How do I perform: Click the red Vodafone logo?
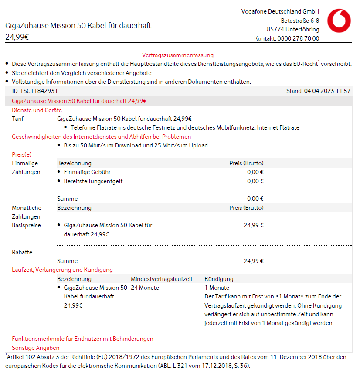tap(339, 21)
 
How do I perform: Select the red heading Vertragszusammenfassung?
tap(178, 55)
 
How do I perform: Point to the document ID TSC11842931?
tap(35, 91)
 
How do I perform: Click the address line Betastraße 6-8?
tap(300, 21)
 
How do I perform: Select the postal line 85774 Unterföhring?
tap(293, 29)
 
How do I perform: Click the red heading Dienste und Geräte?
tap(37, 110)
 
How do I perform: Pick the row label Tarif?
tap(18, 119)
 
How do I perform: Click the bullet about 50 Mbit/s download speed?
tap(136, 145)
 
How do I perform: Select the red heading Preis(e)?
tap(22, 154)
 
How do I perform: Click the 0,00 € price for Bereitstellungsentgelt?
tap(255, 181)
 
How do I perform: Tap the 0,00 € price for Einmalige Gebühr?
tap(255, 172)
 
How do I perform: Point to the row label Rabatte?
tap(22, 252)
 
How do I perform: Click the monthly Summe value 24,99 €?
tap(253, 261)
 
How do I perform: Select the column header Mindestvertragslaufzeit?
tap(162, 279)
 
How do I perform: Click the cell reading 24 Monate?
tap(145, 288)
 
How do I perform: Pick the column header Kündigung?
tap(219, 279)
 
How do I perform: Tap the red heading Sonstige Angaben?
tap(36, 348)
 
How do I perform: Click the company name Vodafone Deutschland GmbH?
tap(280, 11)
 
